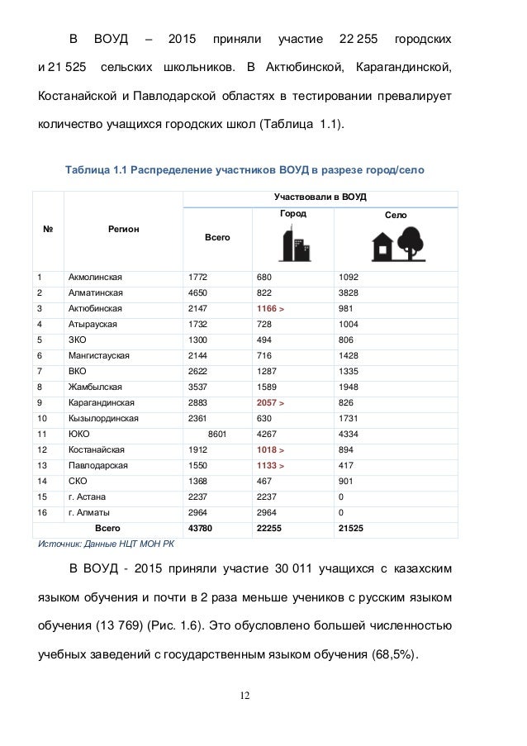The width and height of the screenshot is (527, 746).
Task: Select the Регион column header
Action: [122, 229]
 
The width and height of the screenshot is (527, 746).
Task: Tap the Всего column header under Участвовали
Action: [217, 237]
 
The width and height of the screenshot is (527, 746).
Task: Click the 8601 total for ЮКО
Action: [215, 433]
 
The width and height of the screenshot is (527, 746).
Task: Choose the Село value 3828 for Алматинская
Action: [348, 292]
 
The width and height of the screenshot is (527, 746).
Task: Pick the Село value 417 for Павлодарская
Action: [343, 465]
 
